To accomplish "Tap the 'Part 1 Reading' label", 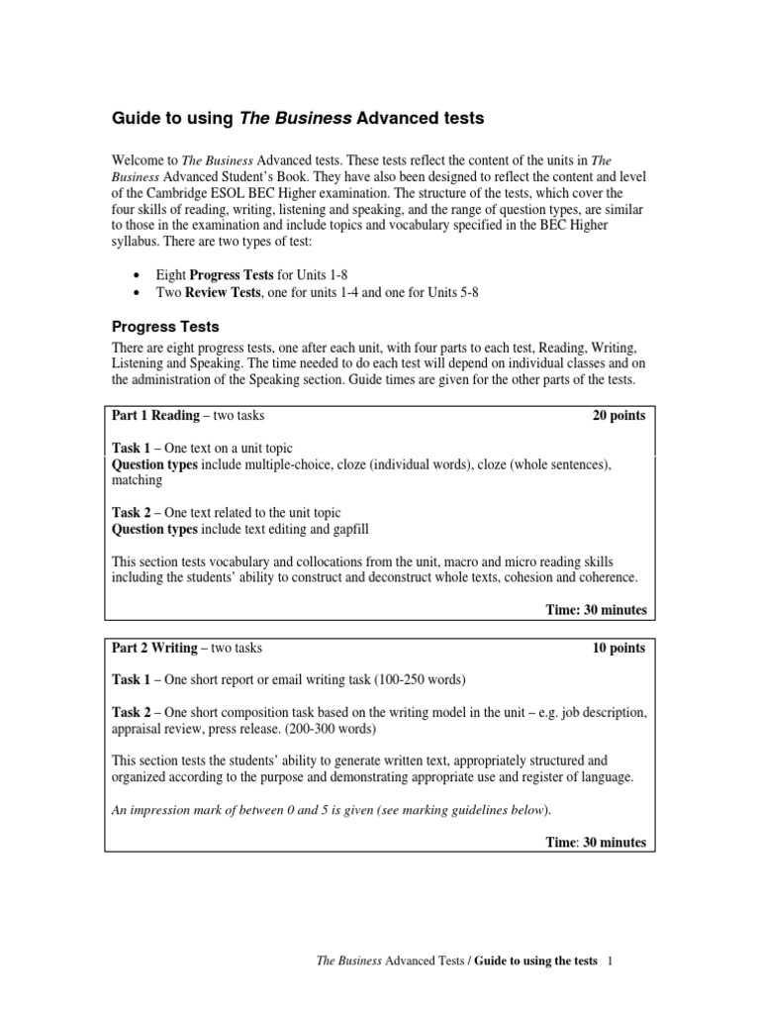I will tap(155, 416).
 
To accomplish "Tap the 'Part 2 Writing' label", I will tap(154, 649).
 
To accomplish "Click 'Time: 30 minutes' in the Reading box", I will tap(596, 610).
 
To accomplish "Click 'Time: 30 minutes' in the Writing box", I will tap(596, 843).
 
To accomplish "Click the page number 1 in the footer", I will tap(611, 962).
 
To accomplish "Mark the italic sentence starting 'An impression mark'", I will tap(332, 810).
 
